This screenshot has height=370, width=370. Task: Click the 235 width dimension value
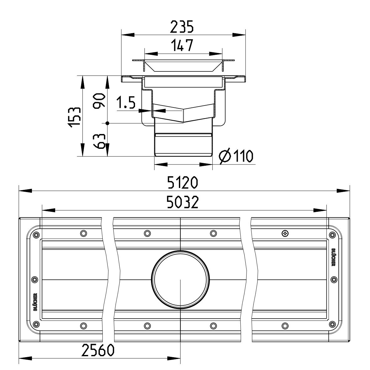(x=182, y=27)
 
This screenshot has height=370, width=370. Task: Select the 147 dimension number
(x=182, y=45)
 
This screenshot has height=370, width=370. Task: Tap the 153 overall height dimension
(x=75, y=117)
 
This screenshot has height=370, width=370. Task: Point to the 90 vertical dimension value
(x=99, y=101)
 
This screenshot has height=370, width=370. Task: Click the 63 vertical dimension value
(x=99, y=141)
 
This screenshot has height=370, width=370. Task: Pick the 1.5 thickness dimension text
(x=126, y=102)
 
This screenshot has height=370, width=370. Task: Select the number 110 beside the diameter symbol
(x=243, y=156)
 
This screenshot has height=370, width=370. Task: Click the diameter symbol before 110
(x=224, y=156)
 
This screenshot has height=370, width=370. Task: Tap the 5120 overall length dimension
(x=182, y=183)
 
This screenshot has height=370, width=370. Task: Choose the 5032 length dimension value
(x=182, y=202)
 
